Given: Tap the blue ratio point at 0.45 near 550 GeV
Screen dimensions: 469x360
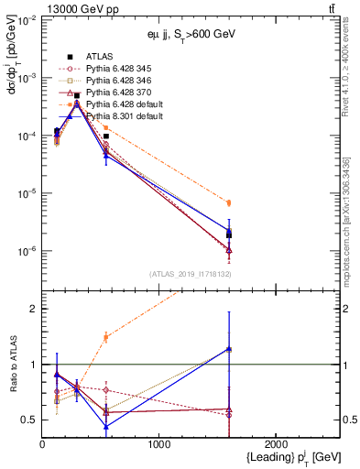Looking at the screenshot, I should tap(106, 426).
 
